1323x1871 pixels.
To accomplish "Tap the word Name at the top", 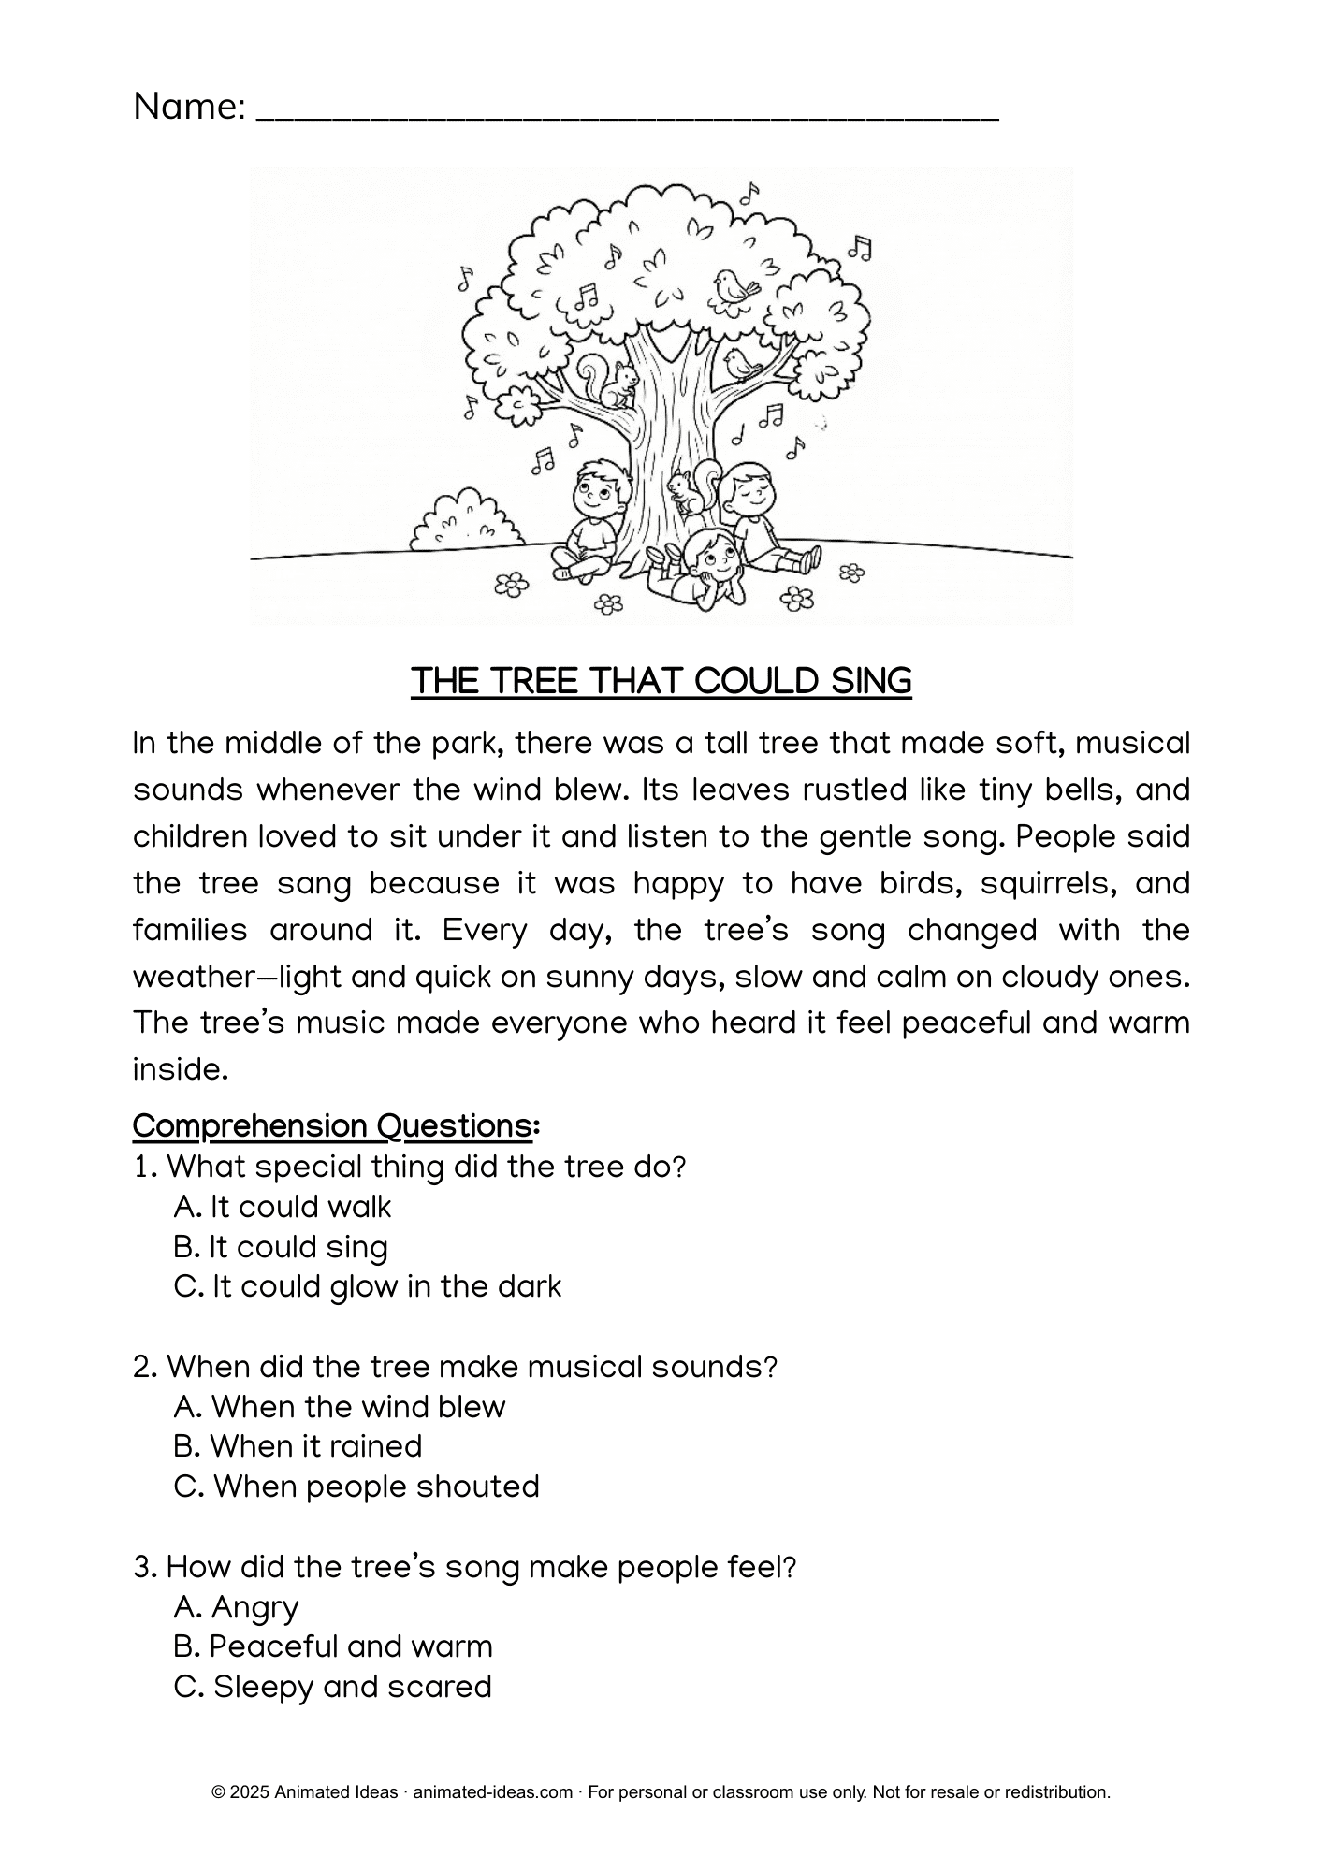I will pos(190,107).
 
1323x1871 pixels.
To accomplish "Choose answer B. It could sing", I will pos(281,1247).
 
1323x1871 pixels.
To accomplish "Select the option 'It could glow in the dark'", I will pos(368,1287).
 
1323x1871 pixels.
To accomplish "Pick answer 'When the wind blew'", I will pos(340,1407).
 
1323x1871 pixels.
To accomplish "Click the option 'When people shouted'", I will pos(356,1487).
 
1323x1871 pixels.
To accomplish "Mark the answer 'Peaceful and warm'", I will pos(332,1646).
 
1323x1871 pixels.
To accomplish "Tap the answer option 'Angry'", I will pos(237,1606).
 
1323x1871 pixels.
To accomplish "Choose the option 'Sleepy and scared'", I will pos(333,1687).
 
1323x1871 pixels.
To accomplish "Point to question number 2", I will pos(145,1368).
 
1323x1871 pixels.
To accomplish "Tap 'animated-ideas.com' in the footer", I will pos(492,1792).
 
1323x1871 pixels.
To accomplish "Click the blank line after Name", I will pos(627,112).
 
